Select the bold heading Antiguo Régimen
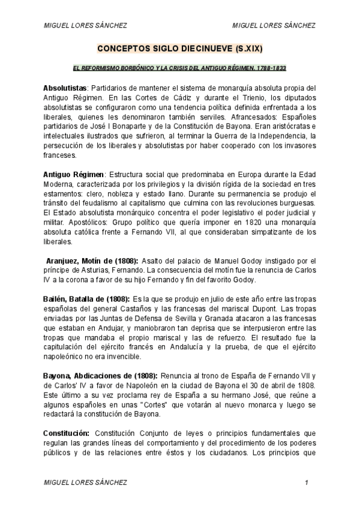73,174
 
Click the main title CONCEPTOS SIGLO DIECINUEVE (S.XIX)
180,47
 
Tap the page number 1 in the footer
307,483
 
